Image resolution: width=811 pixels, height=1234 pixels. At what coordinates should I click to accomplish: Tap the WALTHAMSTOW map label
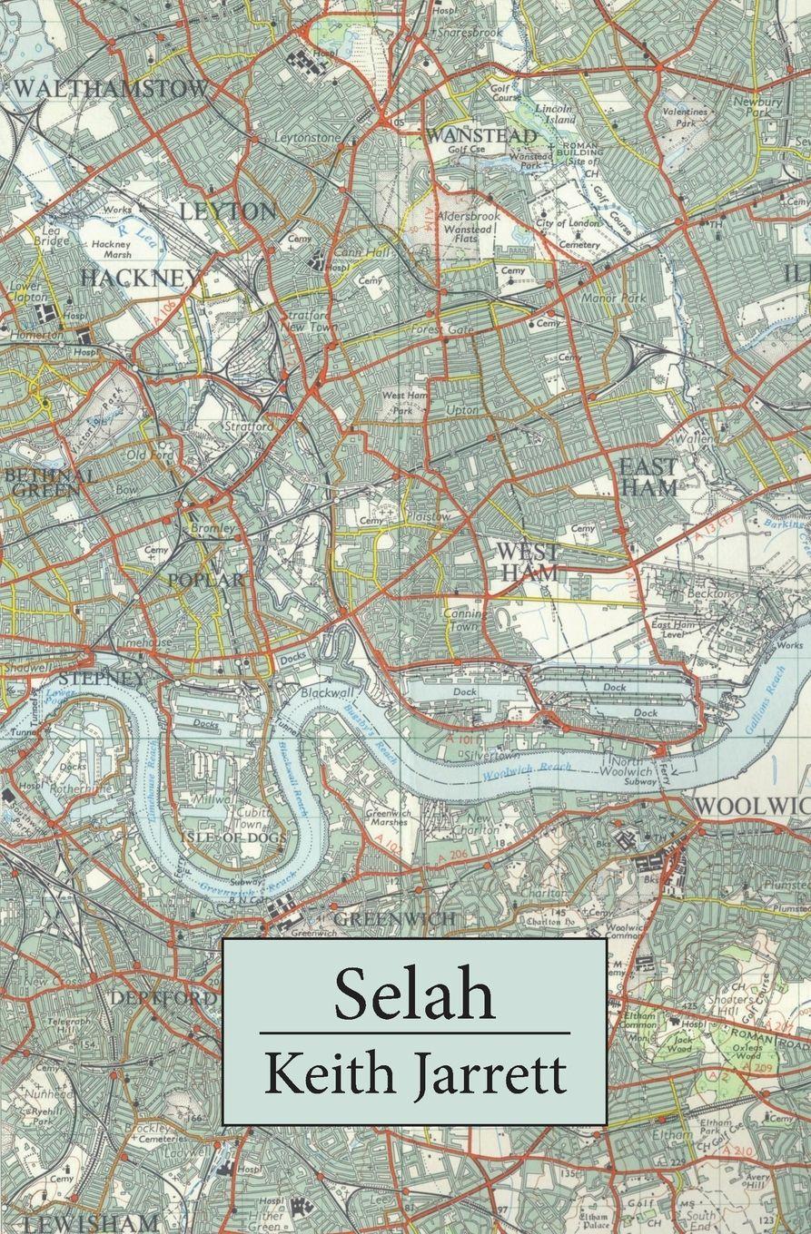(x=111, y=89)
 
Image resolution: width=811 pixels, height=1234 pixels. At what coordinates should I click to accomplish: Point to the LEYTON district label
(x=228, y=211)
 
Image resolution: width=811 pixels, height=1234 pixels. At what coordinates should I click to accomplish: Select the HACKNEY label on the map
(x=141, y=278)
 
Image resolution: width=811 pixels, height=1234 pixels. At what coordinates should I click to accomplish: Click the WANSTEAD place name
(x=481, y=135)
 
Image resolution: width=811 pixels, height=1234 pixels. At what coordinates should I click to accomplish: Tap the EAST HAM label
(x=648, y=476)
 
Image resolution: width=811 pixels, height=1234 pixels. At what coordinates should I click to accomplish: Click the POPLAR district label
(x=204, y=580)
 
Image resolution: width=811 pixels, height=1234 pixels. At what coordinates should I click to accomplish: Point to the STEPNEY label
(x=100, y=679)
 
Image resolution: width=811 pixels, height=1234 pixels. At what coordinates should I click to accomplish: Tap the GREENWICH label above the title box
(x=394, y=919)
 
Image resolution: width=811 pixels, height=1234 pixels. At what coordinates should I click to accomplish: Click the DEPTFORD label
(x=163, y=998)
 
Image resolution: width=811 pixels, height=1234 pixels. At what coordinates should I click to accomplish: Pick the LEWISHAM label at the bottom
(x=91, y=1221)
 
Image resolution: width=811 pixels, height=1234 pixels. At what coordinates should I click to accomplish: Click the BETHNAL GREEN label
(x=47, y=483)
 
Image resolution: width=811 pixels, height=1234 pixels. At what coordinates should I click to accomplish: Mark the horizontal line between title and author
(x=414, y=1033)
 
